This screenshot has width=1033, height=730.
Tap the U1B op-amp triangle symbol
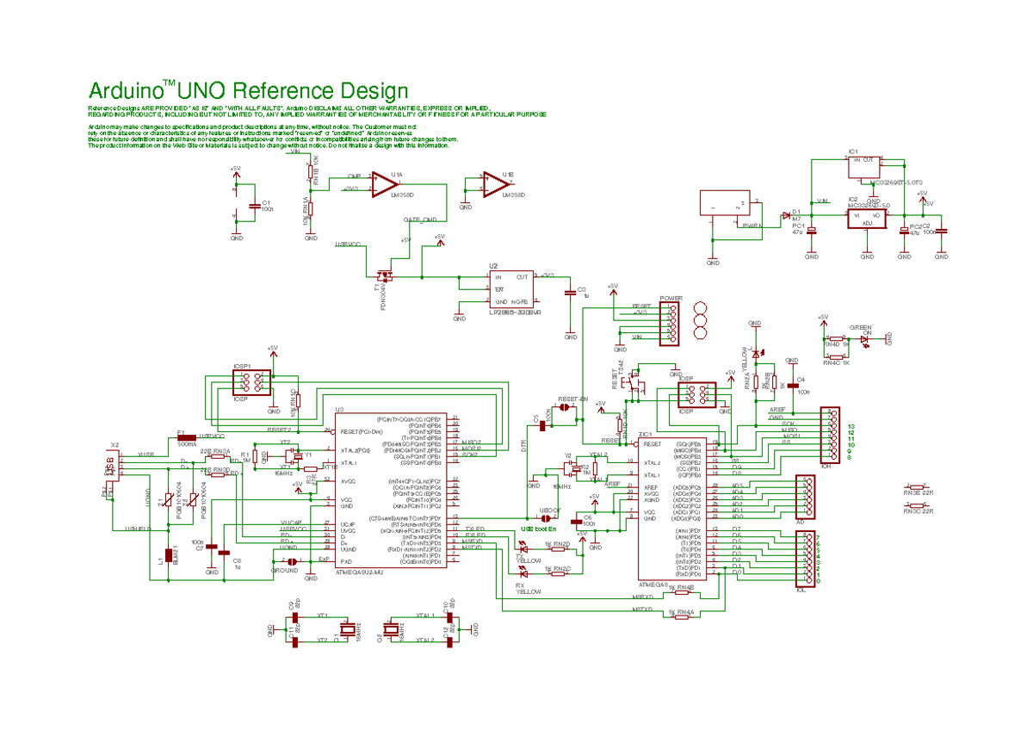(x=494, y=183)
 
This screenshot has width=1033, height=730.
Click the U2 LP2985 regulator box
(x=510, y=290)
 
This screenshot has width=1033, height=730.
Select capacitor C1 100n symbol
(x=252, y=207)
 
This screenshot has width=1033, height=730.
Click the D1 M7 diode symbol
(x=785, y=214)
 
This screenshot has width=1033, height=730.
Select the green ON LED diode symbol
(x=864, y=339)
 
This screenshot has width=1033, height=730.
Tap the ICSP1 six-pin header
(x=251, y=384)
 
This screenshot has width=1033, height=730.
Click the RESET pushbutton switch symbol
(x=636, y=380)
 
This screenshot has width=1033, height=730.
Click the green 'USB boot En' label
(x=538, y=529)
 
